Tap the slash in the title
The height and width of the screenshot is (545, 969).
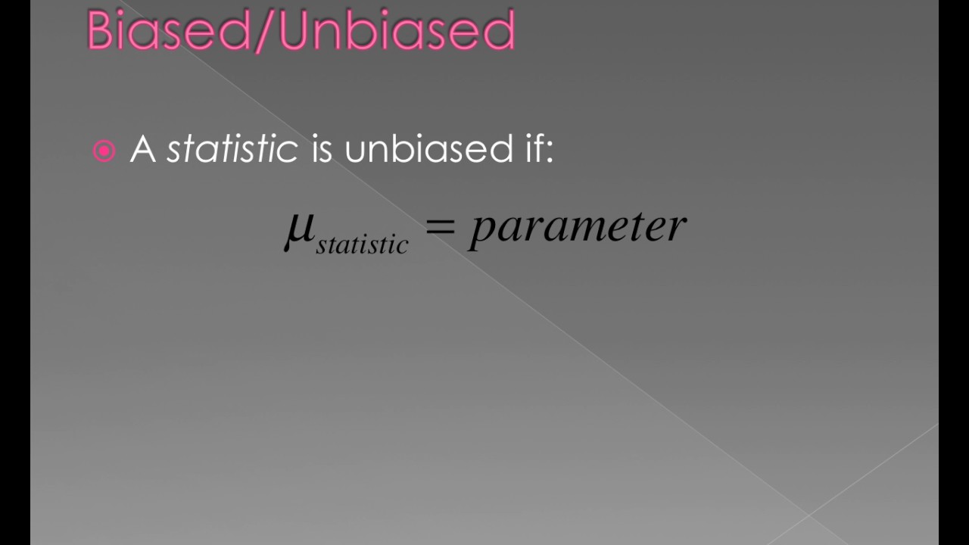point(266,31)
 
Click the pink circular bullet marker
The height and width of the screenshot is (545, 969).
point(104,151)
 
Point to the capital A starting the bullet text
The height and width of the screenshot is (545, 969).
point(142,148)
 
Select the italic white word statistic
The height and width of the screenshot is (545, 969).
point(232,148)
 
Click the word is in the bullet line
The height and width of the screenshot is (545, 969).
point(322,148)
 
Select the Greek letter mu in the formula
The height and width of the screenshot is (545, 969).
point(299,229)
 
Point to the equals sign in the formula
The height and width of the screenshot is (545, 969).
point(441,226)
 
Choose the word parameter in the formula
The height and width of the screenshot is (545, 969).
point(578,227)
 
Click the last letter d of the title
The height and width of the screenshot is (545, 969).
point(499,31)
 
